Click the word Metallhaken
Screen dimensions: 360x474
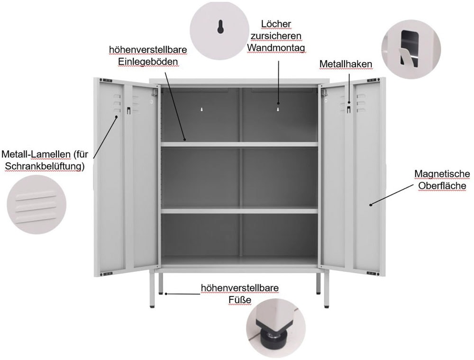pyautogui.click(x=346, y=63)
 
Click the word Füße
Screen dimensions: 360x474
pyautogui.click(x=239, y=300)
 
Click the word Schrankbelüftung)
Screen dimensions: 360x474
pyautogui.click(x=43, y=166)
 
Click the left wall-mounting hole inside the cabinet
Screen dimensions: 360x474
pyautogui.click(x=201, y=109)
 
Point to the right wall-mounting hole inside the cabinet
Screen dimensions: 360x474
pyautogui.click(x=278, y=109)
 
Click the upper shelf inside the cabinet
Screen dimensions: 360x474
pyautogui.click(x=239, y=144)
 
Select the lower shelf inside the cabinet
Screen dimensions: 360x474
pyautogui.click(x=239, y=210)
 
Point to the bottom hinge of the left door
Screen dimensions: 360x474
pyautogui.click(x=108, y=272)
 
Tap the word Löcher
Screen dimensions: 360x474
pyautogui.click(x=276, y=24)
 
